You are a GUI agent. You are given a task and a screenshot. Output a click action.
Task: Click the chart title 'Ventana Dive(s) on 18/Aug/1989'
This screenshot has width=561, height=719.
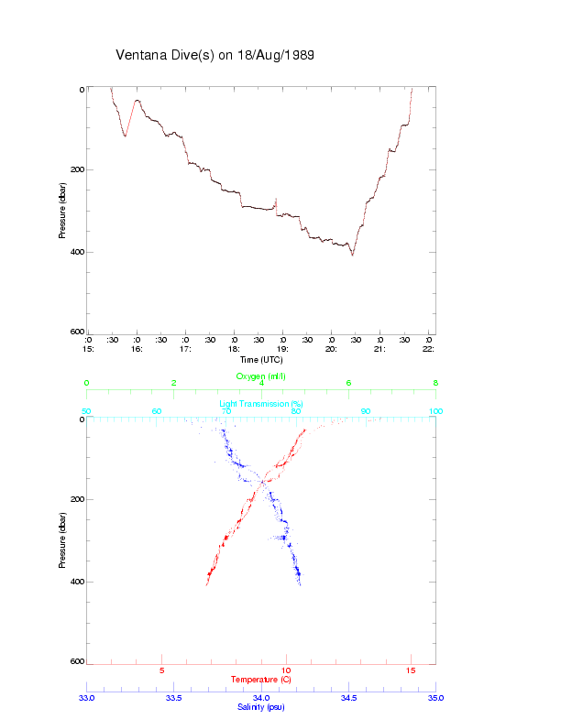click(x=214, y=55)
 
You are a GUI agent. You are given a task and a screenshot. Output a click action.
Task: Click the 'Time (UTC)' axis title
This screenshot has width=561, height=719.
click(x=261, y=360)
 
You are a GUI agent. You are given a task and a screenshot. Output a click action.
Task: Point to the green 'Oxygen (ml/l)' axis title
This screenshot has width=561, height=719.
click(x=261, y=376)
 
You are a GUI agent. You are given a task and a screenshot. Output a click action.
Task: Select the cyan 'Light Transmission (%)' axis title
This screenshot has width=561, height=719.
click(x=261, y=404)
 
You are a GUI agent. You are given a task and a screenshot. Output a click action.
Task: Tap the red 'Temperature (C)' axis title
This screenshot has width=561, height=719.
click(x=261, y=680)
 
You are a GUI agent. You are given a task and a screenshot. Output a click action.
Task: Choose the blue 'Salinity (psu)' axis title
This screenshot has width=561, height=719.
click(x=261, y=707)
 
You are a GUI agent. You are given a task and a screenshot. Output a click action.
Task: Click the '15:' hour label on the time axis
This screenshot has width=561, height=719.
click(x=87, y=349)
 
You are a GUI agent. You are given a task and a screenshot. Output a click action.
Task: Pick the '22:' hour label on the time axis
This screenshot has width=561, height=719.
click(x=428, y=349)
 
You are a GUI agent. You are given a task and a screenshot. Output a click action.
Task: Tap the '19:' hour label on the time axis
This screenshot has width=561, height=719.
click(x=282, y=349)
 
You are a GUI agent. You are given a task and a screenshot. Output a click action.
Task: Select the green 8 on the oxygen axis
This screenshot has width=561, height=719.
click(x=435, y=384)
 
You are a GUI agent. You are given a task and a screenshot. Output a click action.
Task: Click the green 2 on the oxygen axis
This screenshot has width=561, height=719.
click(x=174, y=384)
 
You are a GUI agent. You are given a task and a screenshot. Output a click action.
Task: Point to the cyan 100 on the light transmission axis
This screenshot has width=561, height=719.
click(x=435, y=412)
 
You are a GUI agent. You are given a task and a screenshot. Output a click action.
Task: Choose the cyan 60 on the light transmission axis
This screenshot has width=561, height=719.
click(x=157, y=412)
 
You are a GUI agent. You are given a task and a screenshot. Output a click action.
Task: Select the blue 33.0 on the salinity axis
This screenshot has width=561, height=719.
click(x=87, y=698)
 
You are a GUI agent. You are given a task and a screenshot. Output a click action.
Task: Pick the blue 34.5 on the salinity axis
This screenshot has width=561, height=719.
click(x=348, y=698)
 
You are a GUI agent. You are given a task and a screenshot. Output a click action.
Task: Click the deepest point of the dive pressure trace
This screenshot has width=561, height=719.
click(x=352, y=255)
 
